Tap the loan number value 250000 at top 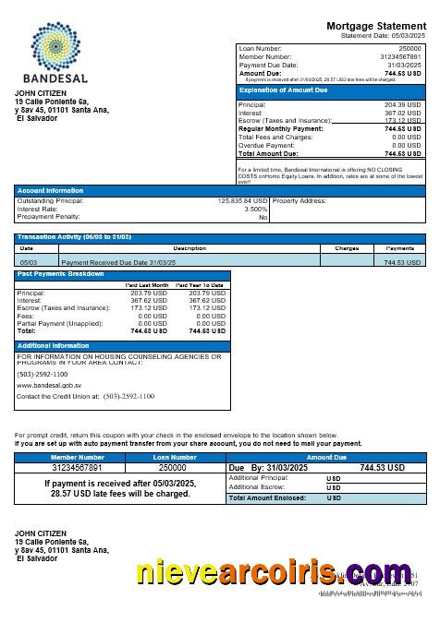(x=410, y=47)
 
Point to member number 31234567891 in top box (x=400, y=56)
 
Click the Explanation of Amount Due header (x=285, y=90)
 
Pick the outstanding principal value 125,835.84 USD (x=242, y=199)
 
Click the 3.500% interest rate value (x=255, y=209)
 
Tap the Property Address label (x=300, y=199)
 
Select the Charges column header (x=347, y=248)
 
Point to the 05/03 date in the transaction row (x=28, y=262)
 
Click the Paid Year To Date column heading (x=201, y=286)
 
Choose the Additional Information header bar (x=122, y=345)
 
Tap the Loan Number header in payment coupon (x=173, y=457)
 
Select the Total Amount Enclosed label (x=267, y=497)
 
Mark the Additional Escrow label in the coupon (x=256, y=486)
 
